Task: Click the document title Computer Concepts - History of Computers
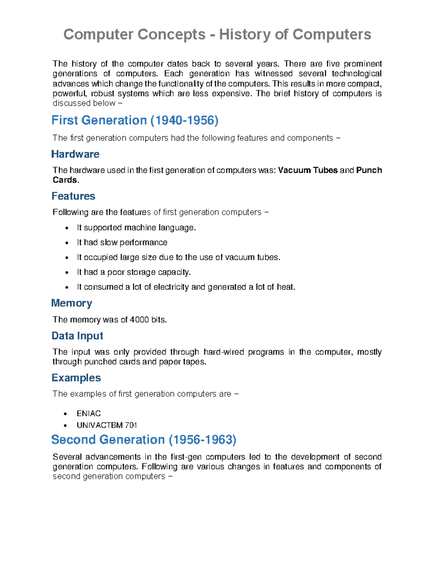pos(217,35)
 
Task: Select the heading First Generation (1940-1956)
pos(135,120)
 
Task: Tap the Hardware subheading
pos(75,154)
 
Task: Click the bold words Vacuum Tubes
pos(308,170)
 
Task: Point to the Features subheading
pos(73,196)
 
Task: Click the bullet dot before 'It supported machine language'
pos(66,228)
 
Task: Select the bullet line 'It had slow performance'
pos(122,243)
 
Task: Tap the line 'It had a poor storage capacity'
pos(133,272)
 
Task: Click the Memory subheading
pos(71,303)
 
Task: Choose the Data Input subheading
pos(77,336)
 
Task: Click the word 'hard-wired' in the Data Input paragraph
pos(223,352)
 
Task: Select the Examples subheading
pos(76,378)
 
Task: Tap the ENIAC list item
pos(88,414)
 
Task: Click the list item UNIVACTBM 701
pos(107,425)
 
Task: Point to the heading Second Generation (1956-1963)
pos(144,440)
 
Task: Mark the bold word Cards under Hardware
pos(65,180)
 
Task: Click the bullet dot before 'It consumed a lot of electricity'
pos(66,288)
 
